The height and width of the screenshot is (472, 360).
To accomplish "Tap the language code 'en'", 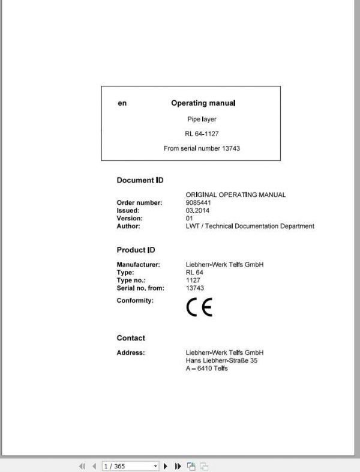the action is pos(122,103).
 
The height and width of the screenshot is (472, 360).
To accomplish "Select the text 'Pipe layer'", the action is pos(202,120).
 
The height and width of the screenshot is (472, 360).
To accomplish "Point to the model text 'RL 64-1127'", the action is pos(202,134).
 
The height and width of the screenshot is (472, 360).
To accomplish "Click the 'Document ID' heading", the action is pos(140,180).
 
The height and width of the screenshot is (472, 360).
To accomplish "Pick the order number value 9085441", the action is pos(199,203).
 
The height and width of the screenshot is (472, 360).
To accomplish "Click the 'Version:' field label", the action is pos(130,219).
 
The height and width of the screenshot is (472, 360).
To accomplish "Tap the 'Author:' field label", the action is pos(128,226).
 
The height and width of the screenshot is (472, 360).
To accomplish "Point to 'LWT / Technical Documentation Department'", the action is pos(250,226).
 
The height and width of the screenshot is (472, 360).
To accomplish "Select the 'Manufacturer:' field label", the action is pos(138,265).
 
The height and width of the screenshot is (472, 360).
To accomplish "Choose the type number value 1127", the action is pos(193,280).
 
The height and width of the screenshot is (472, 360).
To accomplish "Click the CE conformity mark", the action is pos(199,307).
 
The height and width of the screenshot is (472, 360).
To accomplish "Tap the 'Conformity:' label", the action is pos(135,300).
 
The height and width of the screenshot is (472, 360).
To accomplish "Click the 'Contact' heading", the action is pos(131,338).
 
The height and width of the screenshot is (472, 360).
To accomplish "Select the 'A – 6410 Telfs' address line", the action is pos(207,368).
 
